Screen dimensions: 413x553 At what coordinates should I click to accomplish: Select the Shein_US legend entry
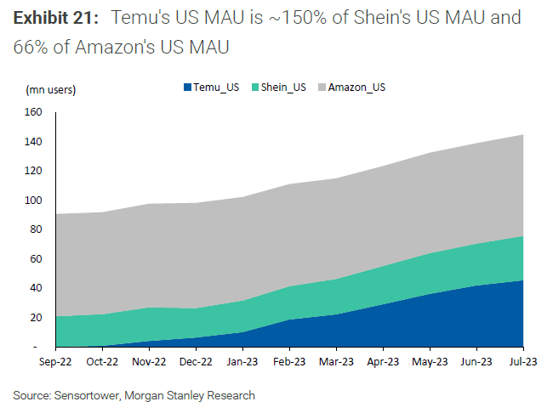[282, 87]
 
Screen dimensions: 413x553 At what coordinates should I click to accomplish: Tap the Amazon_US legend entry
[356, 87]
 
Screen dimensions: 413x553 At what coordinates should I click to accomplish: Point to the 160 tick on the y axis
[33, 112]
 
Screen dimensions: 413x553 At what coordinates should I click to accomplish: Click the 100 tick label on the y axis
[33, 201]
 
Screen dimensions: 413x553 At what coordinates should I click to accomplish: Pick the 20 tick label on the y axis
[36, 318]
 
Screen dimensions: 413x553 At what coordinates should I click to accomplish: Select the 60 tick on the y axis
[36, 259]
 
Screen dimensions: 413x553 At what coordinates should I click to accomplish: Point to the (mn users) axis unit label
[50, 89]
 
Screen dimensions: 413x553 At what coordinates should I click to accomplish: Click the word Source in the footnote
[31, 395]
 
